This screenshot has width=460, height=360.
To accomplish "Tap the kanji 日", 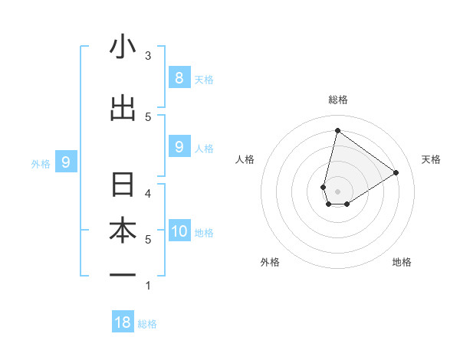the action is point(123,185).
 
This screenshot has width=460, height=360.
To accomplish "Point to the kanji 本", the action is point(123,231).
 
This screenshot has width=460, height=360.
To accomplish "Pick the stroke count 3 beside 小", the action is point(148,55).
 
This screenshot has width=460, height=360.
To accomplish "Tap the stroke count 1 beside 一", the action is point(148,286).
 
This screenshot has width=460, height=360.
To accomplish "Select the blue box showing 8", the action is point(179,77).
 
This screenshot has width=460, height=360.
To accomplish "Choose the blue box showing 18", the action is point(123,322).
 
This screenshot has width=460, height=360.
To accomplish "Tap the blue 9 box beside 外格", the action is point(66,162).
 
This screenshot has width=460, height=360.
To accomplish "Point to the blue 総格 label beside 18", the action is point(147,324).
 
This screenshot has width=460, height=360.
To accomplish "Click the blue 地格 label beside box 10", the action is point(204,232).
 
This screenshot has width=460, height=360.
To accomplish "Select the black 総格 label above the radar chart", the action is point(337,100).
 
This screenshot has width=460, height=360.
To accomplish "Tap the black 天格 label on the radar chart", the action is point(432,159).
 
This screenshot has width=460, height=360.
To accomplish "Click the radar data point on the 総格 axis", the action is point(337,130).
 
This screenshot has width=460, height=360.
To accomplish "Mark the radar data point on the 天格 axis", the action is point(396,172).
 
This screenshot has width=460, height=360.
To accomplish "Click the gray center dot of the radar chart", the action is point(337,191).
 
